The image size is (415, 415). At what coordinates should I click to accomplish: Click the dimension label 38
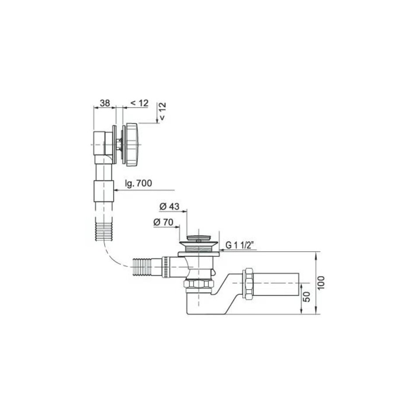(105, 103)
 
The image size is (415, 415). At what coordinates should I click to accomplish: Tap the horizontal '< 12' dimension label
(139, 103)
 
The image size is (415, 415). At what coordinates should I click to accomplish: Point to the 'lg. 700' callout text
(138, 183)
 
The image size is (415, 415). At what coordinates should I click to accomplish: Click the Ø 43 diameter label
(169, 206)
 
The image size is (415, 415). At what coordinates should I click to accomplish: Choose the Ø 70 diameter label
(163, 222)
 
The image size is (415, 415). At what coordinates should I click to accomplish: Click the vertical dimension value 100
(321, 283)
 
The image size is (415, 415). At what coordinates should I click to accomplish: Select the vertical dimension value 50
(307, 297)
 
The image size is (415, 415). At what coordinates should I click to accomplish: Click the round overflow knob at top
(132, 145)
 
